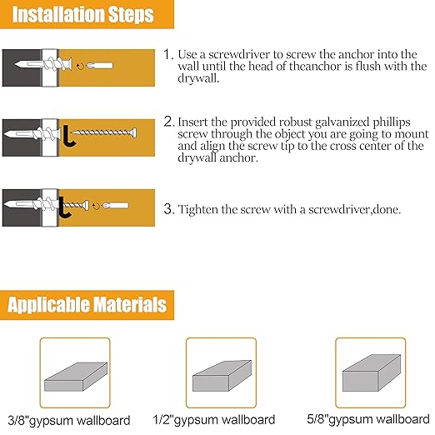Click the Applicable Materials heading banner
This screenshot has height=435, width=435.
[87, 304]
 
